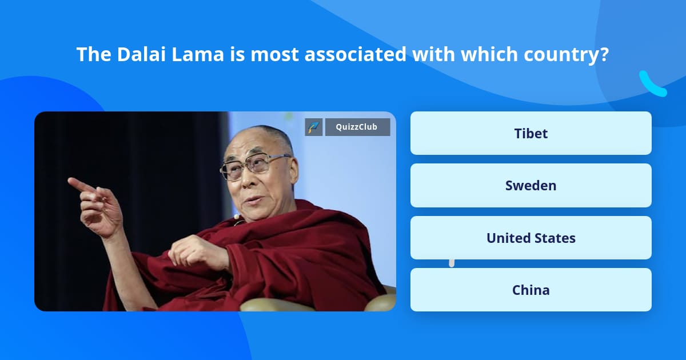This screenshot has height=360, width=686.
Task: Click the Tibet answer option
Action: pos(531,133)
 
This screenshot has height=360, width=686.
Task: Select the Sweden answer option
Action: pos(531,186)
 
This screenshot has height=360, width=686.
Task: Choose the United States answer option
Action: pos(531,238)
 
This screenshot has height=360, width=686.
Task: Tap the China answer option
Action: pos(531,290)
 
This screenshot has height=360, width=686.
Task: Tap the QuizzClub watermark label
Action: pos(357,127)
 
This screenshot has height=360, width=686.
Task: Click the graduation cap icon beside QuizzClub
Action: pos(314,127)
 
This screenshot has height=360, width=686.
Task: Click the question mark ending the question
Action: pos(604,54)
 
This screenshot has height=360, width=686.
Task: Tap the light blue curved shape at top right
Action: pos(652,85)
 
